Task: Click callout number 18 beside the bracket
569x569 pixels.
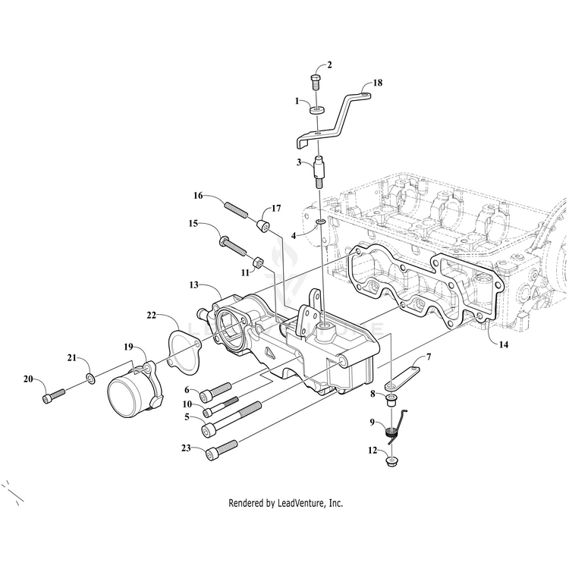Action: [378, 84]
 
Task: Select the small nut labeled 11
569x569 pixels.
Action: [257, 262]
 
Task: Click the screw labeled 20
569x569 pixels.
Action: [51, 396]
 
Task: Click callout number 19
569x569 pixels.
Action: [130, 347]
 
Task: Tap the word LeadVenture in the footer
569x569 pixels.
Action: [297, 503]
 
